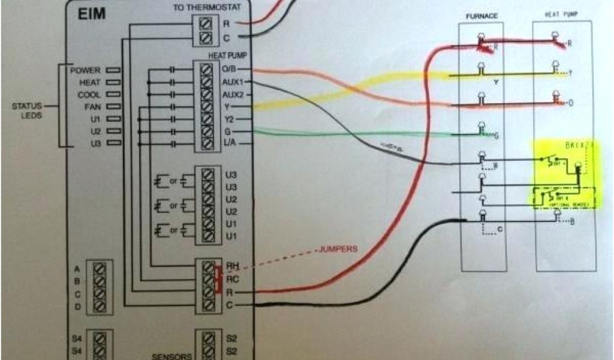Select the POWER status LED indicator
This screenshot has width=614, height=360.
coord(113,70)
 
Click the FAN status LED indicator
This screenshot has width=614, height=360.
coord(113,107)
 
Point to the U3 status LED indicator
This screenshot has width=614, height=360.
coord(113,144)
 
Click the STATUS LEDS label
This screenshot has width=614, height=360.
coord(26,110)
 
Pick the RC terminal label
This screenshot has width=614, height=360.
coord(232,279)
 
